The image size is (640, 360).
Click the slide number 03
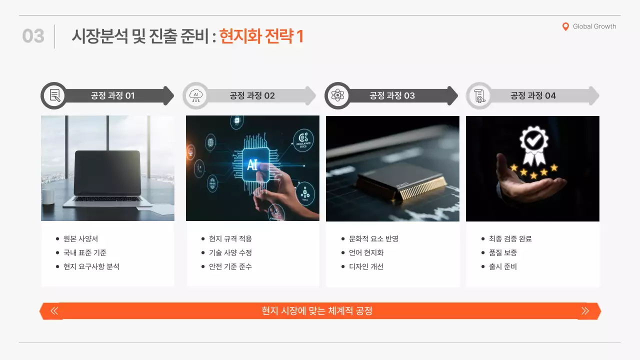pos(33,36)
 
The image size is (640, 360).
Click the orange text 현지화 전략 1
pos(261,36)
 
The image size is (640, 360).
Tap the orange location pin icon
pos(565,27)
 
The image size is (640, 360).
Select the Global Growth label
pos(594,26)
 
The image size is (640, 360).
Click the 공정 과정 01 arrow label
pos(112,95)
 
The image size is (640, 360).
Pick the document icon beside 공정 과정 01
pos(54,95)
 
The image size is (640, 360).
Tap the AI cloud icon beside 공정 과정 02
pos(195,95)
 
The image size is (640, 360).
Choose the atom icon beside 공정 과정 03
pos(338,95)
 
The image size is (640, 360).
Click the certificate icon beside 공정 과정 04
pos(479,95)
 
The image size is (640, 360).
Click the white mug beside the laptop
pos(48,196)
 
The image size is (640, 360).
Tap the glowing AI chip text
pos(252,164)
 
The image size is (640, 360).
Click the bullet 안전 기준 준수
pos(230,267)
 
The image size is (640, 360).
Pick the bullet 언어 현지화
pos(366,253)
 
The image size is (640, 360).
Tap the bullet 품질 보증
pos(502,253)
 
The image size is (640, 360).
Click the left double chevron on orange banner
pos(54,311)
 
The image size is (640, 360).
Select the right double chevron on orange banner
pos(585,311)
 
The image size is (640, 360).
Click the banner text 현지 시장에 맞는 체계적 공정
pos(317,311)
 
